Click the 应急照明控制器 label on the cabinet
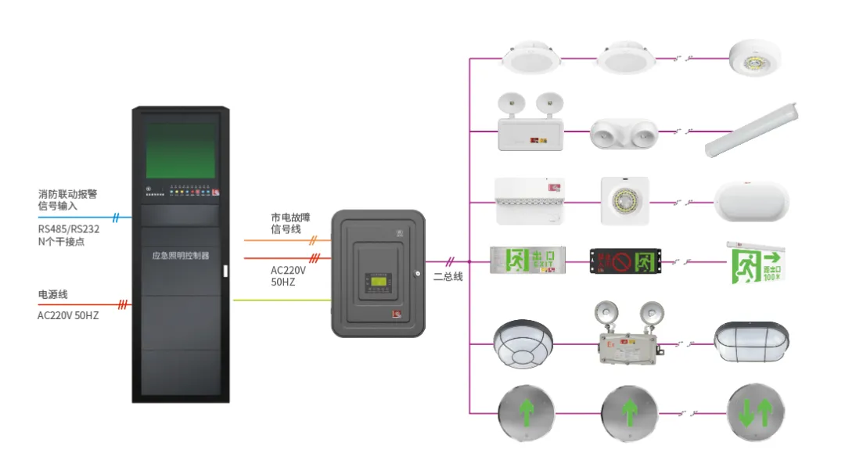click(181, 256)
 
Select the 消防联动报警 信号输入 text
click(68, 200)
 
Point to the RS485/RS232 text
click(69, 229)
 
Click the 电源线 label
click(53, 294)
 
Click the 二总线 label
click(448, 276)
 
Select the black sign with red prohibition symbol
click(625, 261)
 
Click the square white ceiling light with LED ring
click(624, 201)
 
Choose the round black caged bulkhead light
click(523, 344)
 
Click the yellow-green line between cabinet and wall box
click(282, 300)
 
